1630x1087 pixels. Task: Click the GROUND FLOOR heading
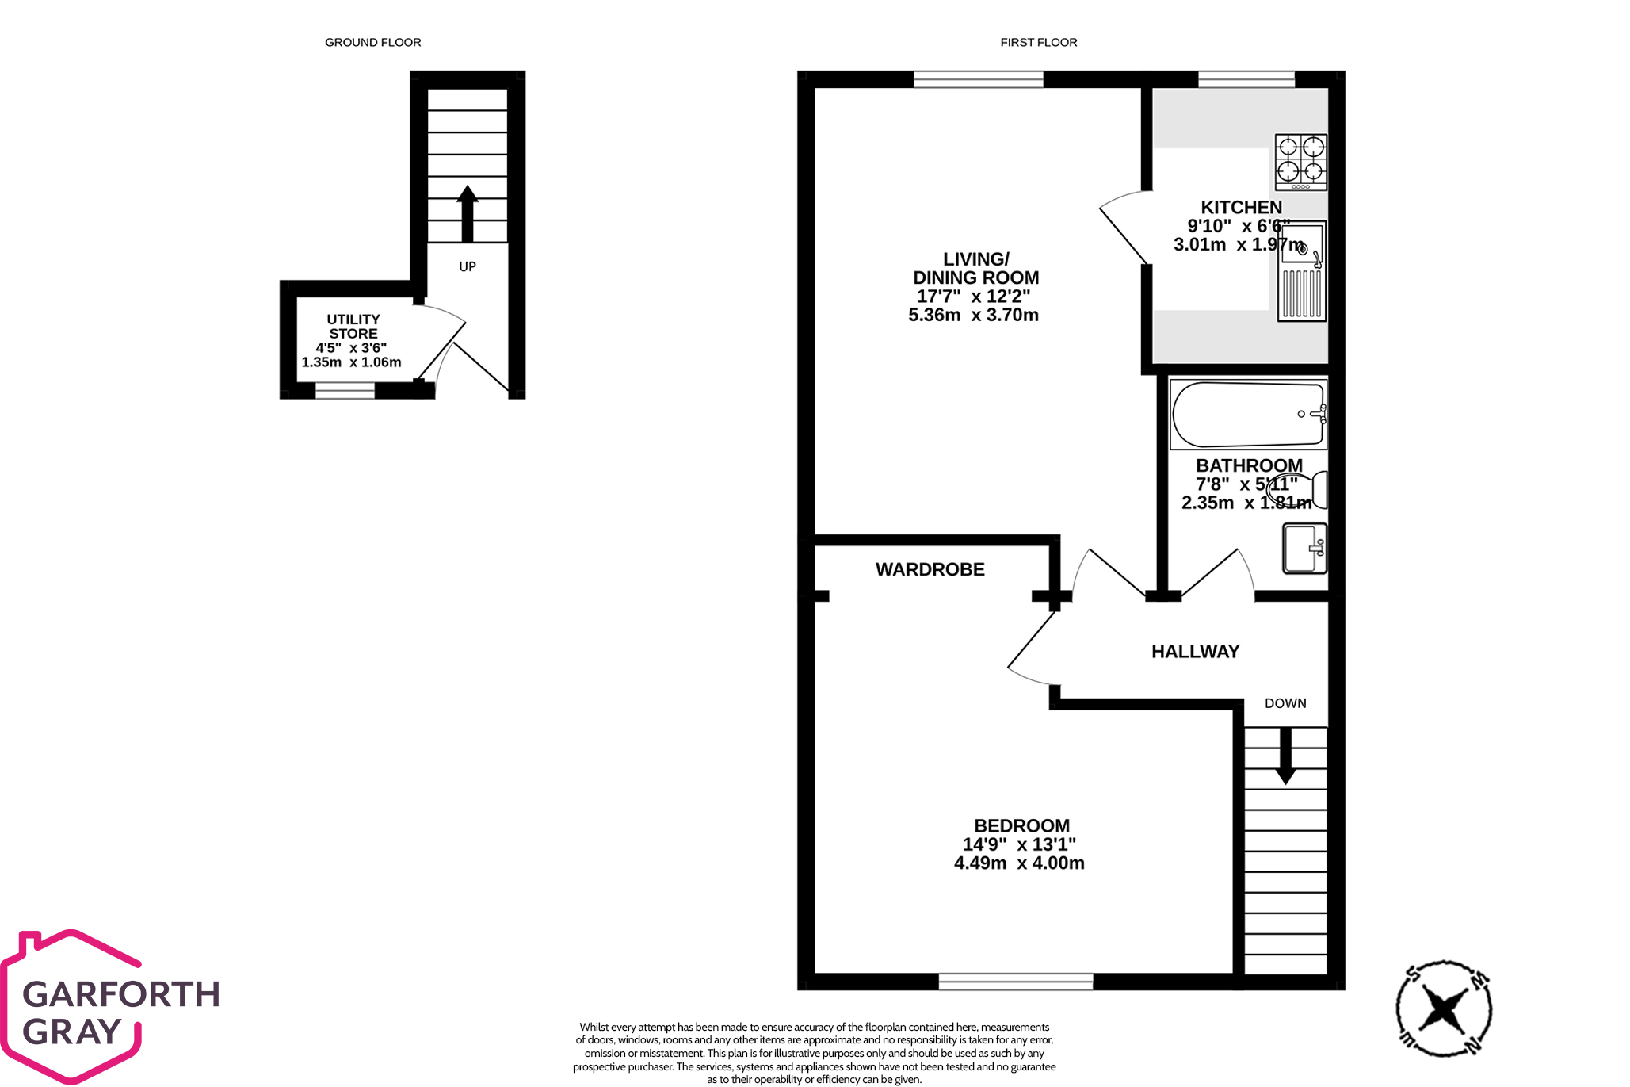[x=372, y=42]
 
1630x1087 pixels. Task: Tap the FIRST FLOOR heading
[x=1038, y=42]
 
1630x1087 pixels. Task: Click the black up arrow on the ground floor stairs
[x=468, y=213]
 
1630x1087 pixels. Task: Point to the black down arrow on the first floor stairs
[x=1285, y=756]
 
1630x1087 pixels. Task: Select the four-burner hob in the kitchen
[x=1300, y=163]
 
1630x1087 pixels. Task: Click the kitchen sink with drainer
[x=1301, y=271]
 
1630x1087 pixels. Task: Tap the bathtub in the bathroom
[x=1248, y=415]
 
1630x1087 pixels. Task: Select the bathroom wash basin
[x=1304, y=548]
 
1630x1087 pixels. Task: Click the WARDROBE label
[x=930, y=569]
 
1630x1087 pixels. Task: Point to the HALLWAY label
[x=1195, y=652]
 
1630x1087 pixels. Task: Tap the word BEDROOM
[x=1021, y=826]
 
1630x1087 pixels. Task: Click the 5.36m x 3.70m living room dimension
[x=973, y=315]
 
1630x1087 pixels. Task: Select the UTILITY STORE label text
[x=353, y=327]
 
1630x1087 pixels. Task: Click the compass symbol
[x=1444, y=1009]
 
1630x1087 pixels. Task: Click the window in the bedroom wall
[x=1016, y=982]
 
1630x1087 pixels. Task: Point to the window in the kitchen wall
[x=1246, y=79]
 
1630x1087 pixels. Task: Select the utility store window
[x=345, y=390]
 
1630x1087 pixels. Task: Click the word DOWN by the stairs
[x=1285, y=703]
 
